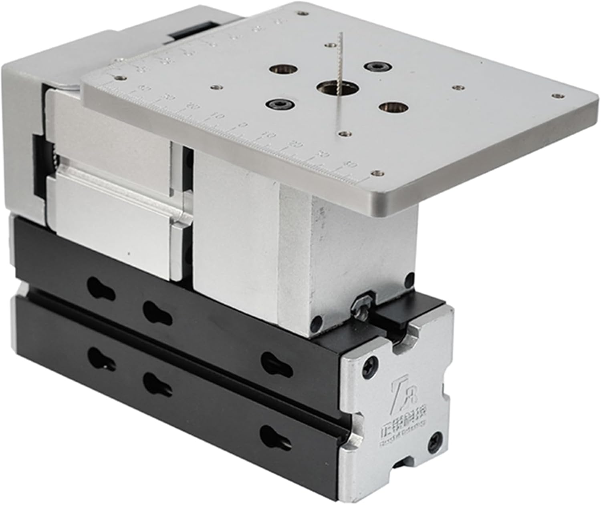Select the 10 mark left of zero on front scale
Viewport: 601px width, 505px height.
218,116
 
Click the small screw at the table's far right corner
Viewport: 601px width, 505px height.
557,95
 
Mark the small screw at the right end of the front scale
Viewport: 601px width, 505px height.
375,173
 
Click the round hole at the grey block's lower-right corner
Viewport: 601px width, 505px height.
317,321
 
